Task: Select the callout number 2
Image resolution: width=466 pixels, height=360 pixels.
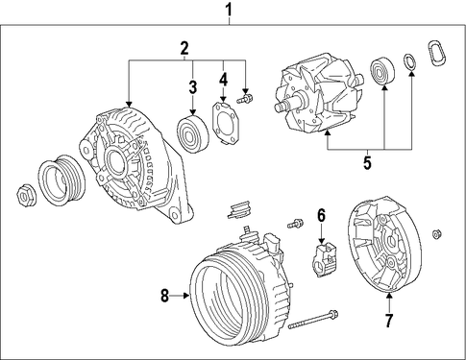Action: pos(184,49)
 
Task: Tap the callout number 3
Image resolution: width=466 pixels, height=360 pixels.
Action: pos(192,87)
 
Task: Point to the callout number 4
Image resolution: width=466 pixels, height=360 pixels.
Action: pos(223,80)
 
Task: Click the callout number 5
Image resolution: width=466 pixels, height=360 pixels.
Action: pos(367,163)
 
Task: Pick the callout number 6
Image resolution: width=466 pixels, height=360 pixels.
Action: pos(321,215)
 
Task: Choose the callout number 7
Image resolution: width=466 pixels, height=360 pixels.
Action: pos(389,321)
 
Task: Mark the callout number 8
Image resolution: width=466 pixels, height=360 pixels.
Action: pos(164,296)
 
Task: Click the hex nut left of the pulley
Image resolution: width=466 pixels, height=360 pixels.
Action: pos(26,195)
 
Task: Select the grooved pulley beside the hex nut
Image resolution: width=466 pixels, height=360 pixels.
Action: pos(61,180)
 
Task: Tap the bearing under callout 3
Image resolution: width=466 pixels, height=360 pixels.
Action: pos(193,134)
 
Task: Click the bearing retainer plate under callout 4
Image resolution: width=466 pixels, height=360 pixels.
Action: pos(227,123)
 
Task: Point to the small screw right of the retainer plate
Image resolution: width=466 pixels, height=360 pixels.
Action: pos(245,99)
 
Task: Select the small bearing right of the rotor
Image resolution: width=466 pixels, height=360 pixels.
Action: pos(382,72)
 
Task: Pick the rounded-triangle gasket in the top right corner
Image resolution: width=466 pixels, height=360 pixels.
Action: pos(436,53)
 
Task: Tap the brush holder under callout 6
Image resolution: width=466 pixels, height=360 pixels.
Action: pos(324,259)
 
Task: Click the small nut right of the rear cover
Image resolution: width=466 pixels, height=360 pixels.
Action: pos(436,234)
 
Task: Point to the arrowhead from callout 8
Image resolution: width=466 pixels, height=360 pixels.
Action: pos(186,296)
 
